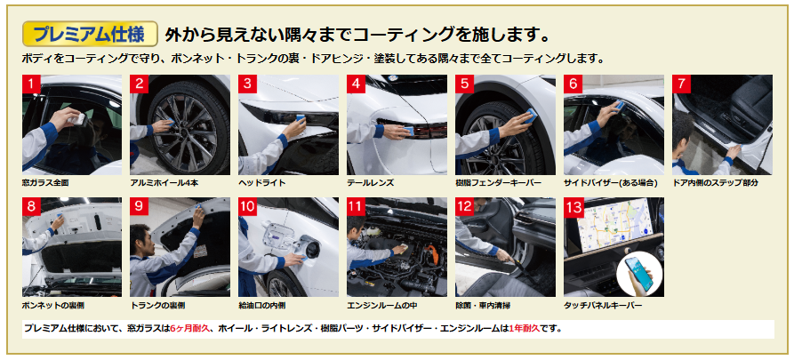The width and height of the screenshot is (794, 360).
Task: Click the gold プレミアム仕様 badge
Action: click(90, 34)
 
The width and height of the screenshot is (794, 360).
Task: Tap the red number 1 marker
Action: click(31, 84)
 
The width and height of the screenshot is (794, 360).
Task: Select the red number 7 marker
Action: click(681, 84)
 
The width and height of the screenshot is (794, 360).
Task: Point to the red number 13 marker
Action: click(573, 206)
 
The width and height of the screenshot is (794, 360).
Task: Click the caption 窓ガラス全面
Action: click(45, 183)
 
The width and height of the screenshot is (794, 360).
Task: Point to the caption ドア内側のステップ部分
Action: click(715, 183)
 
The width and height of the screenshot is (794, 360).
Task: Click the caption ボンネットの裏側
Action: click(53, 306)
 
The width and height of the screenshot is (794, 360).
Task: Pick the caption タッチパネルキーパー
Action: click(603, 306)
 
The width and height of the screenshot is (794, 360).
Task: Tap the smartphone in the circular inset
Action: click(638, 274)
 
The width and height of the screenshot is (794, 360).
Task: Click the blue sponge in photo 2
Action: click(169, 122)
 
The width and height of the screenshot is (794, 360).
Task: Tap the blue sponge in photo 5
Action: click(531, 116)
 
